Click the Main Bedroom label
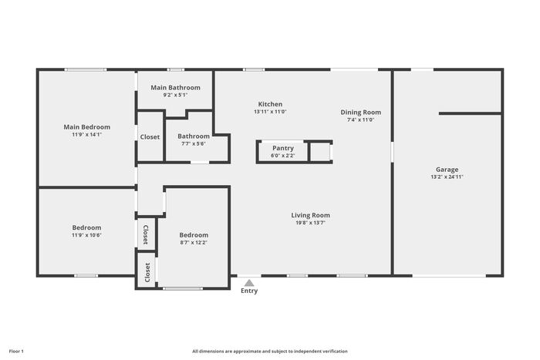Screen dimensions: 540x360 (86, 127)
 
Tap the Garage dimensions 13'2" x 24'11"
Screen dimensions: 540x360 (447, 177)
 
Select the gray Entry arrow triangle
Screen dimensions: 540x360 (249, 283)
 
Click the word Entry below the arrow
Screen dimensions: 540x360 (249, 291)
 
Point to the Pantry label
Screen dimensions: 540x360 (283, 148)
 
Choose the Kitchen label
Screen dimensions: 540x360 (270, 104)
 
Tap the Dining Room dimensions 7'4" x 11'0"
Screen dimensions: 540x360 (360, 119)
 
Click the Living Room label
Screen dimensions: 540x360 (311, 215)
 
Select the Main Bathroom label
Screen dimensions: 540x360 (175, 87)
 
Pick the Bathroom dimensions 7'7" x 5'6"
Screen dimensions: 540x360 (194, 144)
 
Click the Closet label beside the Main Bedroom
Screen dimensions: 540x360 (150, 137)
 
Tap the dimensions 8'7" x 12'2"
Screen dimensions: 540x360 (194, 242)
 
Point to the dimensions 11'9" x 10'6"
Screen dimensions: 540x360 (86, 235)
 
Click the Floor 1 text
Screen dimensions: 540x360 (16, 352)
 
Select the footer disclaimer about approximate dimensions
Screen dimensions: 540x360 (270, 352)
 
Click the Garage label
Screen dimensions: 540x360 (447, 170)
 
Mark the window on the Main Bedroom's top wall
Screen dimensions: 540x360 (86, 70)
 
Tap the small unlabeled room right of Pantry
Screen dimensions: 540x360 (320, 152)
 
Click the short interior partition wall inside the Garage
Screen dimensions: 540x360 (470, 113)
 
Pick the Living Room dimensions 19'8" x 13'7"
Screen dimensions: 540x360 (311, 223)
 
